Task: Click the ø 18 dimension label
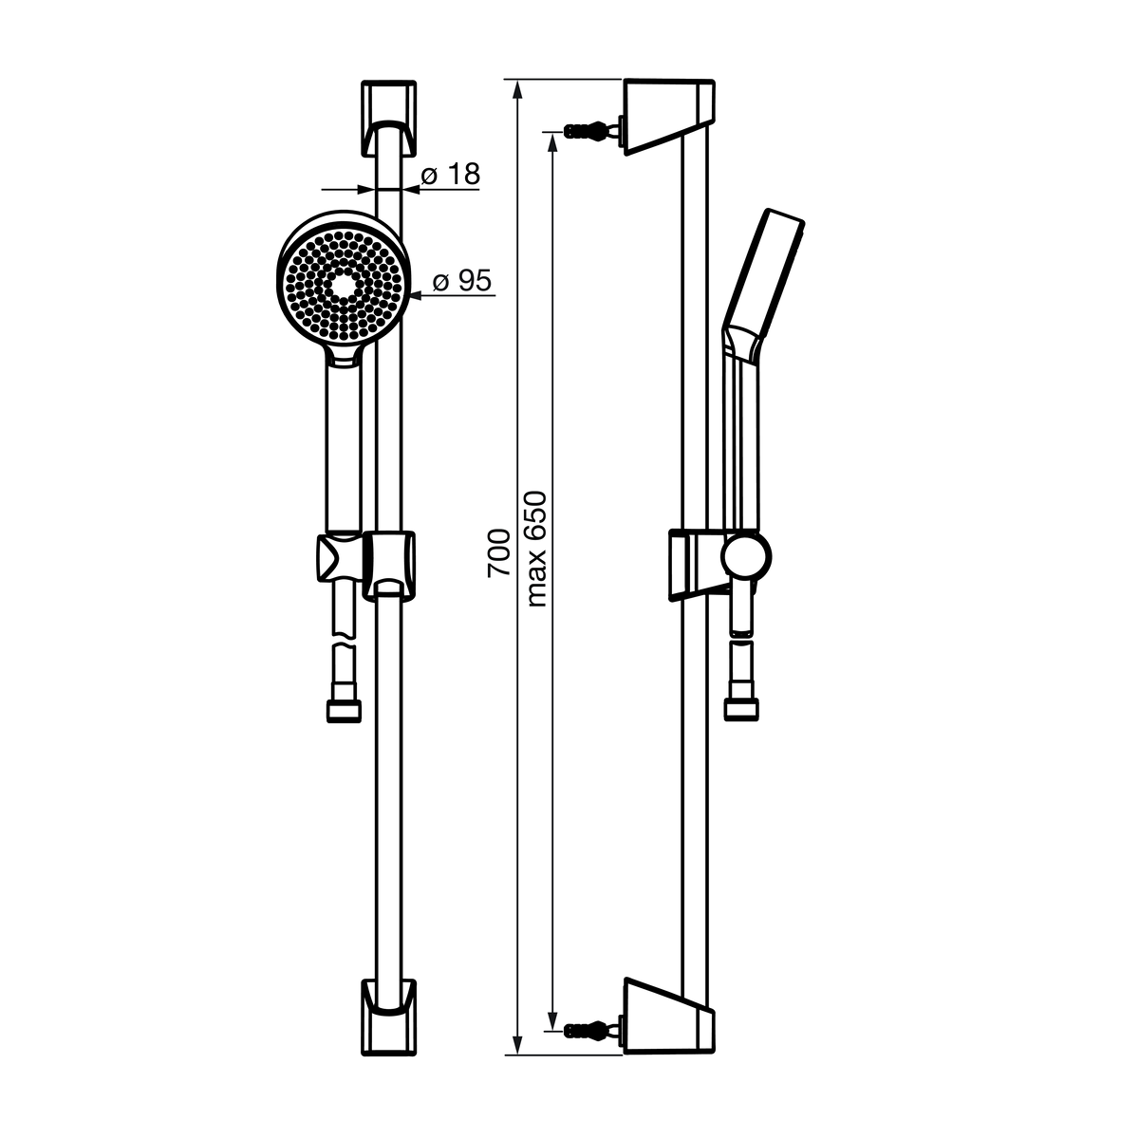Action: point(451,175)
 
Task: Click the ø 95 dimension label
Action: point(461,280)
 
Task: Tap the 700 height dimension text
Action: point(498,553)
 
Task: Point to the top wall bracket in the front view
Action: point(388,119)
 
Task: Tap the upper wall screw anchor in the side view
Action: point(594,130)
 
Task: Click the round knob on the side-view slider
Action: point(746,556)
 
